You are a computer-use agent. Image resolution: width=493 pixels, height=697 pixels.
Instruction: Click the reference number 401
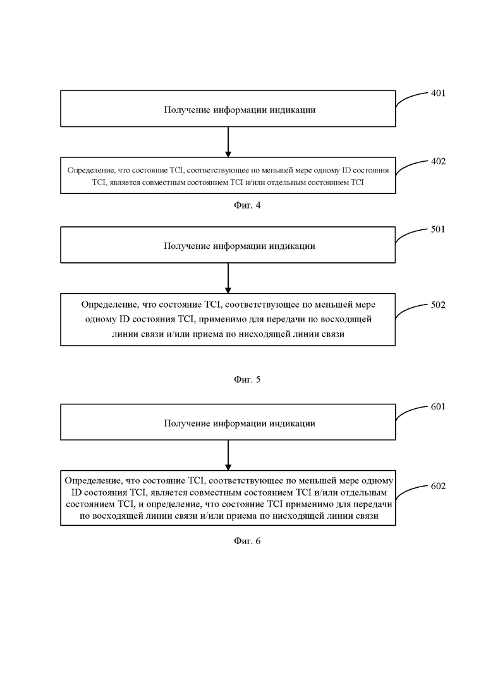438,94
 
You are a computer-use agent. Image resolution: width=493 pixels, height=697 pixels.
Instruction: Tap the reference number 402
438,161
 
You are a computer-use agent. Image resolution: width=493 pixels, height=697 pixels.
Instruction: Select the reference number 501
438,229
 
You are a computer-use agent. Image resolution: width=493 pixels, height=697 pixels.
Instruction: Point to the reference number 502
438,305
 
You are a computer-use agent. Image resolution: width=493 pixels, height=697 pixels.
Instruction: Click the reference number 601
438,407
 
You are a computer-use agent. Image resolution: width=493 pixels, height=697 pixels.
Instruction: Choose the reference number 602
438,487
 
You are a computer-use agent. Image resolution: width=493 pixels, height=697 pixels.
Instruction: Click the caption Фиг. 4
247,205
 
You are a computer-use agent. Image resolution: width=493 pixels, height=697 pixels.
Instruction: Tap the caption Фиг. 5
247,380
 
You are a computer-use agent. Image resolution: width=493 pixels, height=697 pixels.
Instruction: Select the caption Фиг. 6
247,541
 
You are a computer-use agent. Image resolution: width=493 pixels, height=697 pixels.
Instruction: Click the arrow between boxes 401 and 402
228,142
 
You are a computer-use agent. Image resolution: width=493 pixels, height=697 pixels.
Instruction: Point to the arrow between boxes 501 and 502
228,278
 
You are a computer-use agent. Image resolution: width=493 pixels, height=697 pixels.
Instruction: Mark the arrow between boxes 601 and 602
228,456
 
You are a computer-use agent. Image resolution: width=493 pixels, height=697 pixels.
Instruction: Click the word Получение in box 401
186,110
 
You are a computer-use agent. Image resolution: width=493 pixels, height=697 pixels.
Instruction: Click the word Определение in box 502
109,305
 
